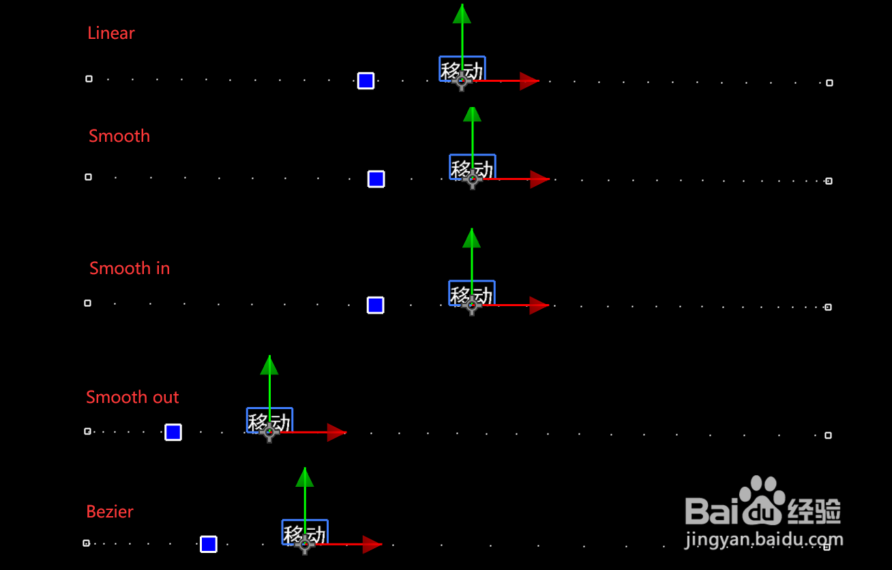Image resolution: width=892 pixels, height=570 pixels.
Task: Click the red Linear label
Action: [x=111, y=33]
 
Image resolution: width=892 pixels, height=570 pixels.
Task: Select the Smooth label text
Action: [x=119, y=136]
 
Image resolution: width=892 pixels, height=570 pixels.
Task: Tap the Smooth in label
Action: [x=130, y=268]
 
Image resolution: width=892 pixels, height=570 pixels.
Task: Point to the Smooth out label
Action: [x=132, y=397]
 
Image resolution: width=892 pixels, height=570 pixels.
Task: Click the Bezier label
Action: [x=110, y=511]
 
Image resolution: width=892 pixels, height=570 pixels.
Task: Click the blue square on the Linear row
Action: [x=366, y=81]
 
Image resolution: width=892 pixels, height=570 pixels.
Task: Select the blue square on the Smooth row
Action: [x=376, y=179]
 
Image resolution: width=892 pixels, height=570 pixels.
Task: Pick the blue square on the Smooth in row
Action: [x=375, y=305]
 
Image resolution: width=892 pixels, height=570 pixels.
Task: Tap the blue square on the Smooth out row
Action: [x=173, y=432]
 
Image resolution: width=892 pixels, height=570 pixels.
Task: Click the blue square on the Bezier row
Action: [x=209, y=544]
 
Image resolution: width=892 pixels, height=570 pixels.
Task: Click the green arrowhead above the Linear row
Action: [x=462, y=14]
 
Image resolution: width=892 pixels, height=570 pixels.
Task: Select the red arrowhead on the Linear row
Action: [x=529, y=81]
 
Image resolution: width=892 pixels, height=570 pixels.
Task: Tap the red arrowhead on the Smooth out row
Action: [x=336, y=432]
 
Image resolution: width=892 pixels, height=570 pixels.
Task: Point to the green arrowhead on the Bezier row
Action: [x=305, y=477]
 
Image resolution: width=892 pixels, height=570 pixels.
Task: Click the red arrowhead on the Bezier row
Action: [x=372, y=544]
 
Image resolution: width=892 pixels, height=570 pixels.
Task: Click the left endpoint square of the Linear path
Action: [x=89, y=79]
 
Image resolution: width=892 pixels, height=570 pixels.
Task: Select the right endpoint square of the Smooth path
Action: [x=829, y=181]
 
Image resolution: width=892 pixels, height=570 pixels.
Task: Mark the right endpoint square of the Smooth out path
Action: [x=828, y=435]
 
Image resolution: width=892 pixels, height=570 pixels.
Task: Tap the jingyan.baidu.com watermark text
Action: [x=764, y=541]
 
